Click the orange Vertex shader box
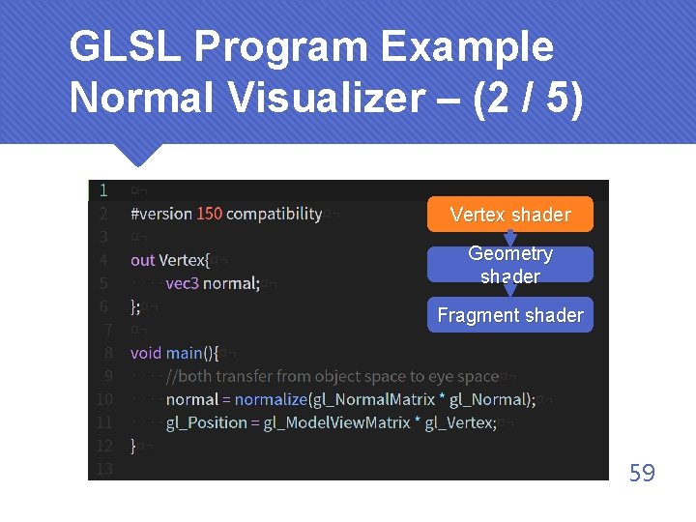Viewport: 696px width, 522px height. click(x=510, y=215)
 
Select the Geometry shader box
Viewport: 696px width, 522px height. click(x=510, y=265)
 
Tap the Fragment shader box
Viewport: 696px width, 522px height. click(x=510, y=315)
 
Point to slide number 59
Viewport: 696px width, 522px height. click(x=642, y=473)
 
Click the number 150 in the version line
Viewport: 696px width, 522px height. click(x=209, y=214)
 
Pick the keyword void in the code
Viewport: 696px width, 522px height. click(x=146, y=353)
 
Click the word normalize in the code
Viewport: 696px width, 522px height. click(x=271, y=399)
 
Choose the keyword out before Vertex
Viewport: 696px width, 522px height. click(x=142, y=260)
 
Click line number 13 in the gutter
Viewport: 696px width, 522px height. click(x=103, y=469)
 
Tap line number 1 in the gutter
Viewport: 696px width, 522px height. click(x=103, y=190)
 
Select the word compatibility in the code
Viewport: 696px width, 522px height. click(x=275, y=214)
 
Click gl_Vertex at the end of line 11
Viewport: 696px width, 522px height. click(x=460, y=422)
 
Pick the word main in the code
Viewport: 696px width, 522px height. click(x=184, y=353)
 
